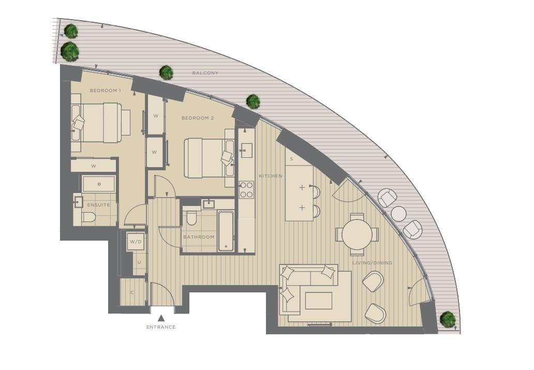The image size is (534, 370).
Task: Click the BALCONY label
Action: tap(205, 73)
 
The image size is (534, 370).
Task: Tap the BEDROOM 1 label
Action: tap(105, 91)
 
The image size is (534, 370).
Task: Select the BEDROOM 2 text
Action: tap(198, 118)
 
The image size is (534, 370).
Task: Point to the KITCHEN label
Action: tap(271, 176)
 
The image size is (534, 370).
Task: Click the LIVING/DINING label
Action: tap(372, 263)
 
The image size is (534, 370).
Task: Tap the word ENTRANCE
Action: tap(161, 327)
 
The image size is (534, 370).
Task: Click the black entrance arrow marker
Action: tap(161, 318)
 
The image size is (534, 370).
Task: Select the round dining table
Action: tap(357, 234)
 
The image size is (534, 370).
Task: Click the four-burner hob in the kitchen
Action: tap(246, 190)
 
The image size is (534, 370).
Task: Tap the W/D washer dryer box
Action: tap(136, 242)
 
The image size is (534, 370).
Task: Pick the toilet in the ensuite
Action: tap(88, 217)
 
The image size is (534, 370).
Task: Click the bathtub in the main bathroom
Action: tap(226, 231)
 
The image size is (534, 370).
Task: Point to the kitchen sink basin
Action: tap(246, 151)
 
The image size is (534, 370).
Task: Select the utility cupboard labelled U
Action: tap(139, 263)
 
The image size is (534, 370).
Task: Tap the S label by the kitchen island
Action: tap(291, 159)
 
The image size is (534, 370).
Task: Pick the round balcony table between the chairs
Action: tap(398, 213)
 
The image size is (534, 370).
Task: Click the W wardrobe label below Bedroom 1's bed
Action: tap(93, 166)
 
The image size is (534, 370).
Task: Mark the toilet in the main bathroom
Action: tap(191, 218)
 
